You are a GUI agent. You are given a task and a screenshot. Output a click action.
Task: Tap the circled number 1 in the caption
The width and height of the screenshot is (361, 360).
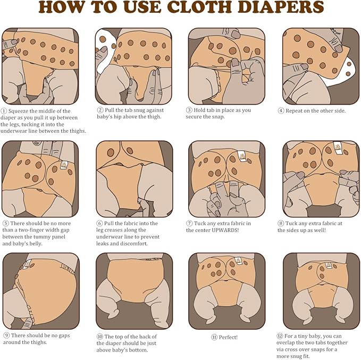pos(5,110)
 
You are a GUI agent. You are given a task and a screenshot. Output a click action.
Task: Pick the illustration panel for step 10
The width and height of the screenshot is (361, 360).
pos(134,290)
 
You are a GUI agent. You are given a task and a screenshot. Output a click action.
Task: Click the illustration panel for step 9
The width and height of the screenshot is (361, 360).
pos(40,290)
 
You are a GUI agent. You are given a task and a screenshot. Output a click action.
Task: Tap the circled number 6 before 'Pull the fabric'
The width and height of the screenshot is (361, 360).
pos(99,224)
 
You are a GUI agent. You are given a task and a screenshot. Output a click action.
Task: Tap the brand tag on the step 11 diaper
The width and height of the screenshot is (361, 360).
pos(238,261)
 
